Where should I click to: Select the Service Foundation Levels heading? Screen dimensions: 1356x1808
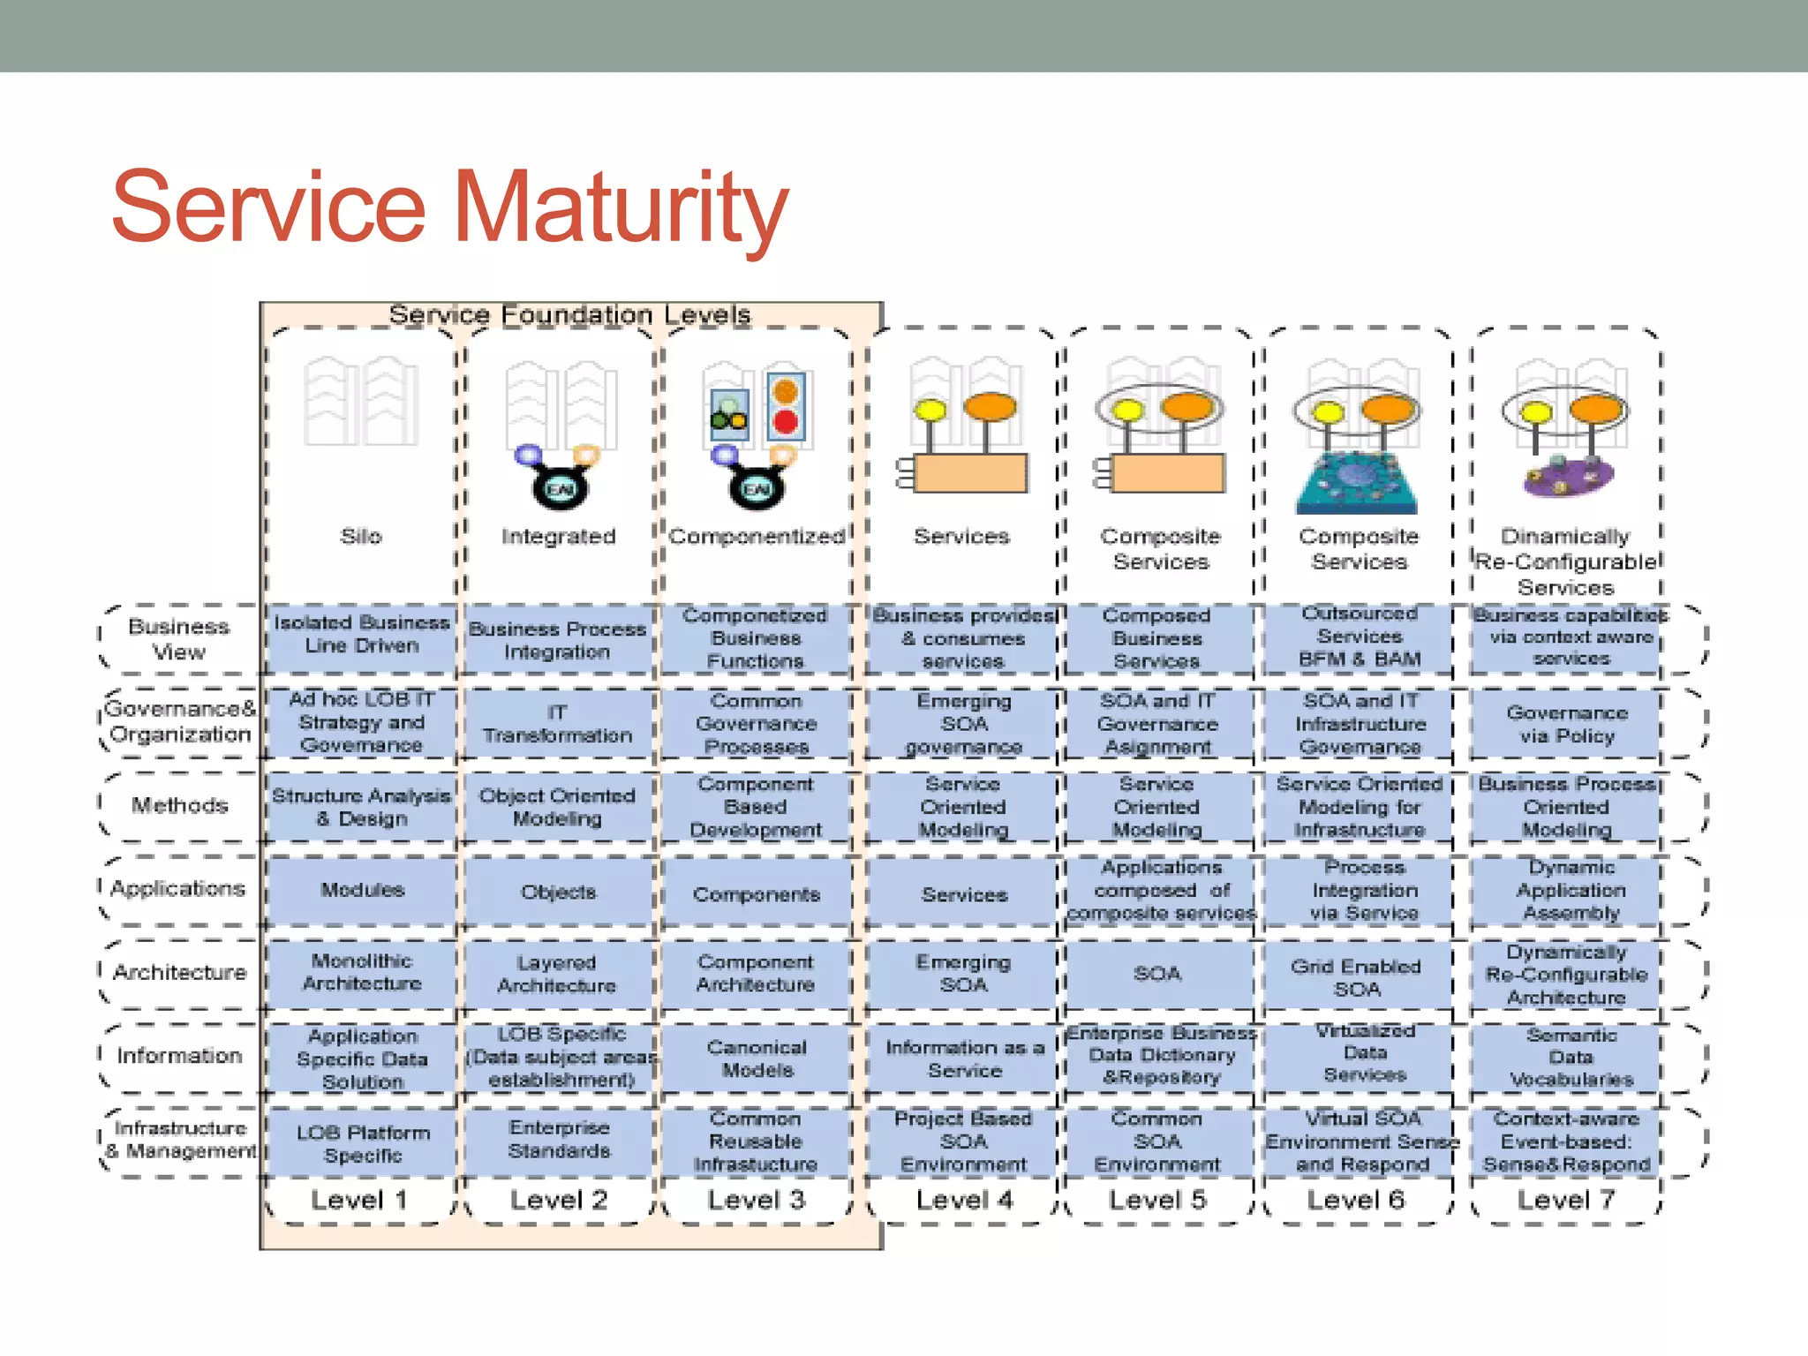[x=569, y=314]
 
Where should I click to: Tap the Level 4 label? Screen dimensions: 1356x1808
[x=964, y=1200]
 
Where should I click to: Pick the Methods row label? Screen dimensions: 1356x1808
[x=179, y=805]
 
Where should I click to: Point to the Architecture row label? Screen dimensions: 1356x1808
[x=179, y=972]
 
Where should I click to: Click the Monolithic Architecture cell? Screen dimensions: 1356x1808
[x=362, y=972]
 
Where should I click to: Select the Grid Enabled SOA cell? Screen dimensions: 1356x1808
[x=1357, y=977]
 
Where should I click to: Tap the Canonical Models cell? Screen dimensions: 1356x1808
[x=757, y=1058]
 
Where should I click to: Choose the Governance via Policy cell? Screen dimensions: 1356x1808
[x=1567, y=724]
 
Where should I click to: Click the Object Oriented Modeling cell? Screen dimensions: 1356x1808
[x=557, y=807]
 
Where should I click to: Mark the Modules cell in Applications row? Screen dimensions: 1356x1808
[x=362, y=890]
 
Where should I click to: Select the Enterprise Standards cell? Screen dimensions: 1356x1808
[x=559, y=1139]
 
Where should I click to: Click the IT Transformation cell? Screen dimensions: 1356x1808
[x=557, y=724]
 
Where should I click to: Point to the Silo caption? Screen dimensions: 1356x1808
[x=361, y=536]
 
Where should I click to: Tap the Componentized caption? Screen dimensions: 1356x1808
[x=757, y=536]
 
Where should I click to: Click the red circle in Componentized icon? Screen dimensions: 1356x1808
[x=785, y=422]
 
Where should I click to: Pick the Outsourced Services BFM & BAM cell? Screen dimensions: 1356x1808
[x=1360, y=636]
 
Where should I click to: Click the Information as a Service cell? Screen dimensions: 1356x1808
[x=965, y=1058]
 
